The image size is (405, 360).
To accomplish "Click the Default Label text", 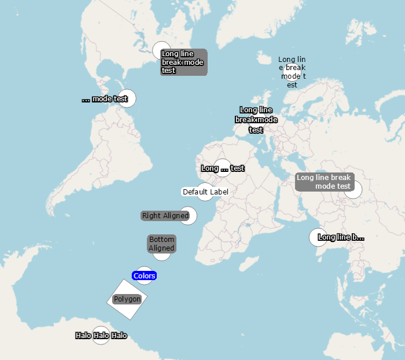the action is pyautogui.click(x=205, y=192).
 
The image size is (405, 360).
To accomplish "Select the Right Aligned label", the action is pyautogui.click(x=165, y=216).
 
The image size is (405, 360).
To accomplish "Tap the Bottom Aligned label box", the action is pyautogui.click(x=161, y=244).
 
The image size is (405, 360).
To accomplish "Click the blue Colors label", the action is pyautogui.click(x=144, y=275).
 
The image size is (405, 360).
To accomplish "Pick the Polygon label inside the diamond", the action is pyautogui.click(x=127, y=299).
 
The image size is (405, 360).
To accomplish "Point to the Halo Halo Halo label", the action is pyautogui.click(x=101, y=336).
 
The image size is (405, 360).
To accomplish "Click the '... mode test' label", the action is pyautogui.click(x=105, y=99).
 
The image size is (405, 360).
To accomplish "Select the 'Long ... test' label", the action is pyautogui.click(x=223, y=168).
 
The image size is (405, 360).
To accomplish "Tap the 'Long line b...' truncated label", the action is pyautogui.click(x=341, y=237).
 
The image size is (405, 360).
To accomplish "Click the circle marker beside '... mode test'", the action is pyautogui.click(x=128, y=98).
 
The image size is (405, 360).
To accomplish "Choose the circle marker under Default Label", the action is pyautogui.click(x=205, y=195).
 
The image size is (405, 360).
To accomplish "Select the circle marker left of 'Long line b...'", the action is pyautogui.click(x=317, y=237).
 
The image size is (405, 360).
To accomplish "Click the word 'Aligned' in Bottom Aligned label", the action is pyautogui.click(x=161, y=248).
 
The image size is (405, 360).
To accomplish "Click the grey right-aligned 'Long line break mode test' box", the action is pyautogui.click(x=325, y=182).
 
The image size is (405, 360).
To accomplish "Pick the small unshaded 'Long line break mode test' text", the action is pyautogui.click(x=292, y=72).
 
